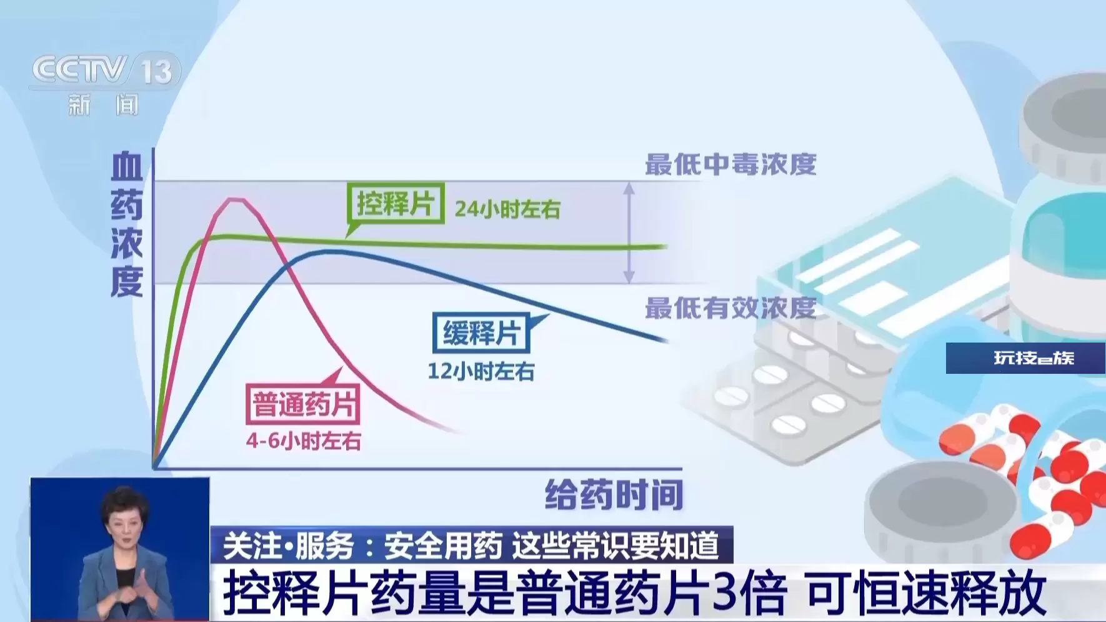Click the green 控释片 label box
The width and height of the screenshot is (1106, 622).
click(396, 203)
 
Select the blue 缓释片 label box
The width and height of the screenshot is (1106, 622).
click(481, 333)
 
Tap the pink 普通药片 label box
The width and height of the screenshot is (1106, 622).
click(304, 404)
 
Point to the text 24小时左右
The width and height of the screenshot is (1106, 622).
click(507, 209)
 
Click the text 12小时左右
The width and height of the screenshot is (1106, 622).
click(481, 371)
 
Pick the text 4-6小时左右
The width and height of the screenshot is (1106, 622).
click(304, 441)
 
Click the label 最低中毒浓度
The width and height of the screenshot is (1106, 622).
click(730, 164)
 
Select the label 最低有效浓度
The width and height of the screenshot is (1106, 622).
click(730, 308)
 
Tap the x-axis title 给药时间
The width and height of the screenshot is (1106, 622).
click(614, 495)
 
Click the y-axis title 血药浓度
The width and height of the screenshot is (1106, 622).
click(127, 225)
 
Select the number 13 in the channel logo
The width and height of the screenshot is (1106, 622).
click(156, 72)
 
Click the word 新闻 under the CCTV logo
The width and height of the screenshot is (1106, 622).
click(103, 104)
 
